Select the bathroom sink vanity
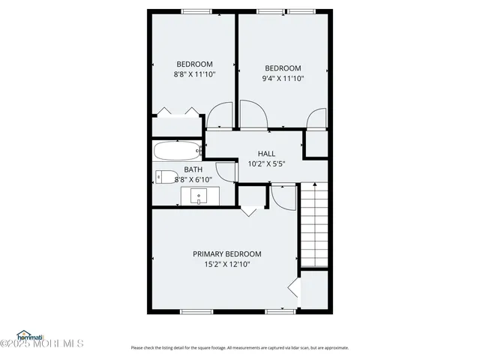200,196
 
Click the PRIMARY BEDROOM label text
226,254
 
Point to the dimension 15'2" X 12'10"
226,264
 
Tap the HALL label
266,153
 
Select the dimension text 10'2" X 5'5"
266,163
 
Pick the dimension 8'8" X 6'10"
193,179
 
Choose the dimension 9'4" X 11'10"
283,78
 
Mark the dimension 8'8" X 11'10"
194,74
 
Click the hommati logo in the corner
33,334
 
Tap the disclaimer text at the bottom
239,347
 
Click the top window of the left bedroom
196,11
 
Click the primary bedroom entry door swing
283,196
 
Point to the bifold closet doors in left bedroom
177,112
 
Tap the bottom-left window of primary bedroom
196,310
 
